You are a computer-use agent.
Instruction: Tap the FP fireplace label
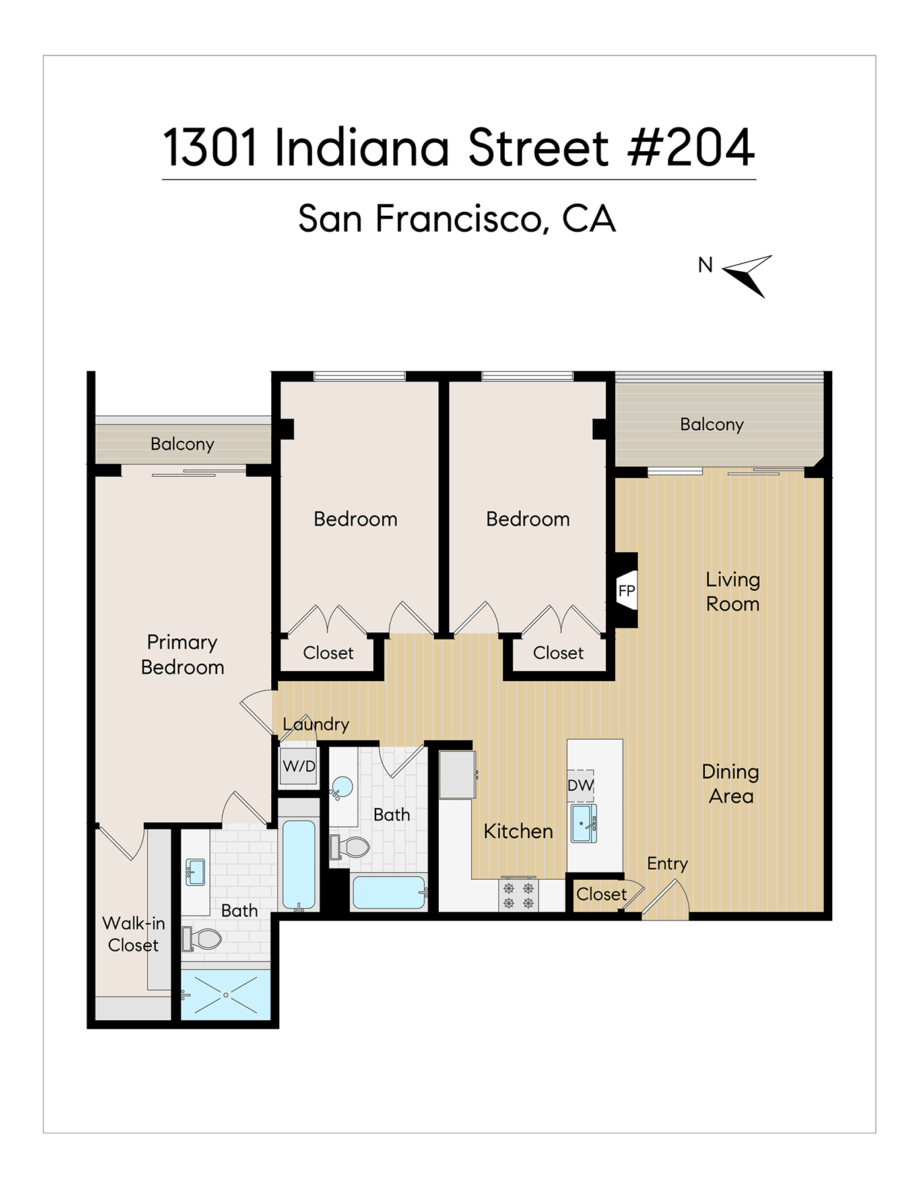point(626,591)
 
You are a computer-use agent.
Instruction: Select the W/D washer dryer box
point(299,766)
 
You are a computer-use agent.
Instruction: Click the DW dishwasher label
point(581,785)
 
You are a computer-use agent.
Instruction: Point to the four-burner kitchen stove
point(519,896)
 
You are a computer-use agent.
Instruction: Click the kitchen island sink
point(583,823)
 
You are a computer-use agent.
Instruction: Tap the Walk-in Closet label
point(133,934)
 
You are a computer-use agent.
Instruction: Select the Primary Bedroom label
point(183,655)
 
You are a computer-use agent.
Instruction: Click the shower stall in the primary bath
point(226,995)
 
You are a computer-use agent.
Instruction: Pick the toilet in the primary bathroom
point(202,939)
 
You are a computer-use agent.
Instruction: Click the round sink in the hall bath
point(342,787)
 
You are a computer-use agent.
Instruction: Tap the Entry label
point(667,864)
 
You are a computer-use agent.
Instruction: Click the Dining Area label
point(731,783)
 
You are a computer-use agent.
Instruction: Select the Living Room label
point(733,591)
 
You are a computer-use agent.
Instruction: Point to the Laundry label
point(316,724)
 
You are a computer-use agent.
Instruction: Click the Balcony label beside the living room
point(712,424)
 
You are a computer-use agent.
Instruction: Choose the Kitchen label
point(518,831)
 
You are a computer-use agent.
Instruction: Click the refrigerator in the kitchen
point(457,775)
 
